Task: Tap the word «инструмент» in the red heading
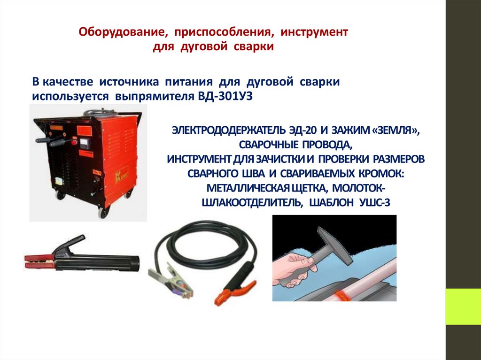click(x=314, y=32)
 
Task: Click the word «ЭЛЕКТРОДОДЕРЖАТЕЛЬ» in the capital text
click(x=229, y=130)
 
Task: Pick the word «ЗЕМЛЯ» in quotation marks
click(x=394, y=130)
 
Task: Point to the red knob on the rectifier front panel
click(x=74, y=142)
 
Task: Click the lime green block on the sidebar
click(x=463, y=306)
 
